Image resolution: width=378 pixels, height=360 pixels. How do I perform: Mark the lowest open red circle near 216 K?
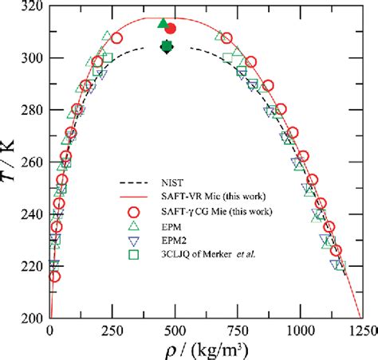coord(54,276)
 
